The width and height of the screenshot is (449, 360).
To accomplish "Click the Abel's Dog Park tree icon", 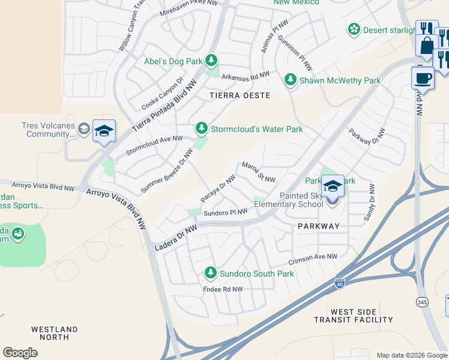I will [x=211, y=61].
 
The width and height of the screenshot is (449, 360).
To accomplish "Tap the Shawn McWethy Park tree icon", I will [x=291, y=80].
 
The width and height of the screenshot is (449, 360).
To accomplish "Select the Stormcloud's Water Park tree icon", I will [x=202, y=128].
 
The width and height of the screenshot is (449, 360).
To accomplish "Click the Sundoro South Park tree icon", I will [x=210, y=273].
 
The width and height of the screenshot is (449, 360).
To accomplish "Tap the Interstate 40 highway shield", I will [x=340, y=283].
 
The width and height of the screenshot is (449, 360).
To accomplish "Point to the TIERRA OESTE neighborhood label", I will [x=240, y=95].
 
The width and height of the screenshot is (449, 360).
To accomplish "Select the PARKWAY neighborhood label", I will [x=318, y=226].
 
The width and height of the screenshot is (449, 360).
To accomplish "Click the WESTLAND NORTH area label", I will [x=55, y=334].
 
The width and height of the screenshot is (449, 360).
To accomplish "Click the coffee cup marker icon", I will [x=423, y=78].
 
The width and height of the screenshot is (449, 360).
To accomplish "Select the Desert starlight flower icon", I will [x=354, y=29].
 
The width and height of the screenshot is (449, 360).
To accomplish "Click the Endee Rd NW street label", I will [x=223, y=289].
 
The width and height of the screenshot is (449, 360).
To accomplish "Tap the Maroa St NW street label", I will [x=258, y=172].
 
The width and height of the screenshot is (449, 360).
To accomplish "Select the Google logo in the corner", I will [x=20, y=352].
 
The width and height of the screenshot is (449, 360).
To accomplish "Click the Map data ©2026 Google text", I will [x=412, y=355].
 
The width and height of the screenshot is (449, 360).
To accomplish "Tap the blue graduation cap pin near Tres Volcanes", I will [x=104, y=131].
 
